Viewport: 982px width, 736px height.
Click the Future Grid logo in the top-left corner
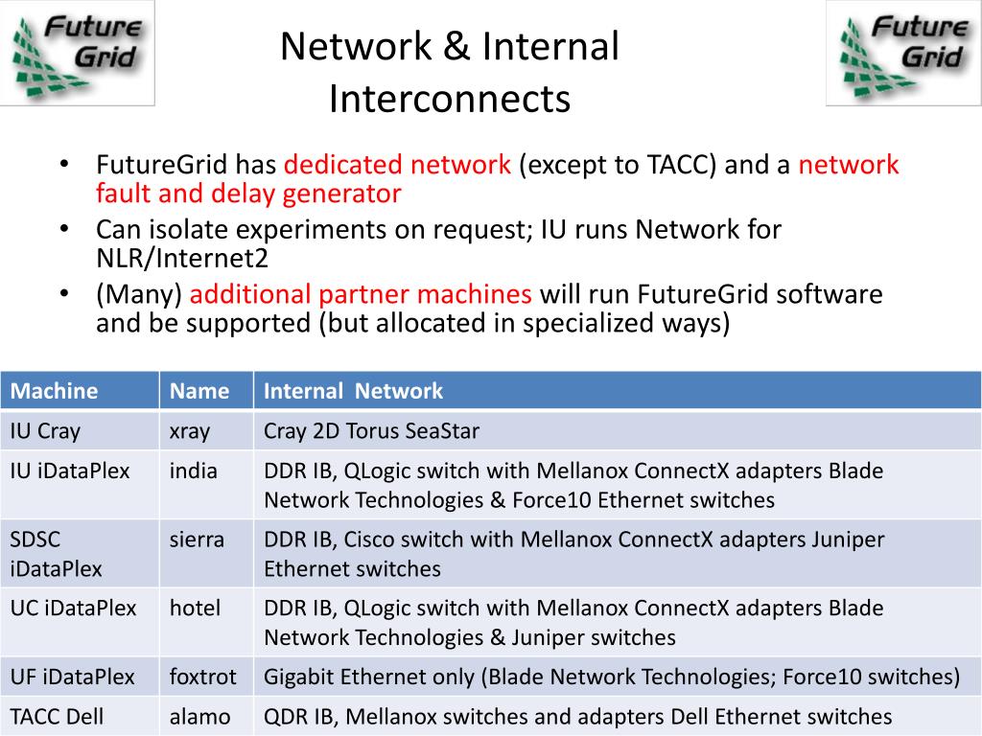[78, 53]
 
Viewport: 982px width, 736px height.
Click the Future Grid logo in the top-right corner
[903, 53]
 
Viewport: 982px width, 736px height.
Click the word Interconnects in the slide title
[449, 99]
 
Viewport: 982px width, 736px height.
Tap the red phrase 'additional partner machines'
[361, 293]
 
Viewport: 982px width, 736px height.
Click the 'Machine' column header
[54, 390]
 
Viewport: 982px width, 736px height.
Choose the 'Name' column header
[199, 390]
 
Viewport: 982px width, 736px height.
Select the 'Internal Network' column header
[353, 390]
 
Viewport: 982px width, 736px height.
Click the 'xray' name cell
[190, 431]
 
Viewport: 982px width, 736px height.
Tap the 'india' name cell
[194, 471]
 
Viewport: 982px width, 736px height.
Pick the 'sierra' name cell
[197, 540]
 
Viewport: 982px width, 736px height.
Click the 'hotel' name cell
[195, 608]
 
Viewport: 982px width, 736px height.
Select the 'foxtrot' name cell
[202, 677]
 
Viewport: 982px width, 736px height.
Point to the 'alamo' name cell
[199, 716]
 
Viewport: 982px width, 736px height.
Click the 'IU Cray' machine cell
[45, 431]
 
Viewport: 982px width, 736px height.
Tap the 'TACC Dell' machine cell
[57, 716]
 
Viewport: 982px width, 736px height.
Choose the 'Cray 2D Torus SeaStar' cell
[371, 431]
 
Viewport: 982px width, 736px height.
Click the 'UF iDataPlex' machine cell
[72, 677]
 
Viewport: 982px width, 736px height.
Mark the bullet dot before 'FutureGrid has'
[63, 164]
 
